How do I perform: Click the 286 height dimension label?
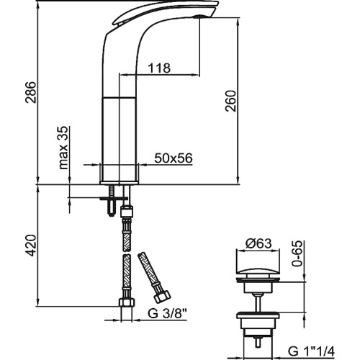tap(31, 92)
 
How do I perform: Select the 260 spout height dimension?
tap(230, 101)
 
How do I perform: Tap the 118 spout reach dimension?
tap(159, 68)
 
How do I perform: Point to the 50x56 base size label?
tap(174, 158)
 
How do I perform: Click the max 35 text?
tap(63, 148)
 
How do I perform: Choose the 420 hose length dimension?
tap(31, 246)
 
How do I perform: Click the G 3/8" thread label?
tap(167, 313)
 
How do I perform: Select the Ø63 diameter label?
tap(258, 244)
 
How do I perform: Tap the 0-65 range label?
tap(297, 253)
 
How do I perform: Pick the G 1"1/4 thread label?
tap(311, 352)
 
